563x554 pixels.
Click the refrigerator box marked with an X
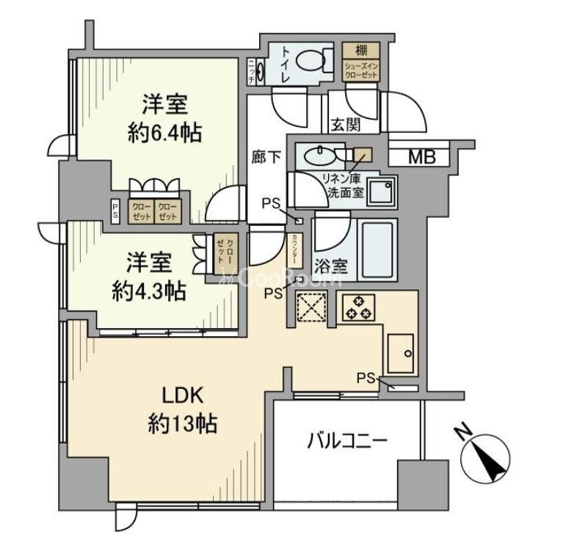coord(313,307)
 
